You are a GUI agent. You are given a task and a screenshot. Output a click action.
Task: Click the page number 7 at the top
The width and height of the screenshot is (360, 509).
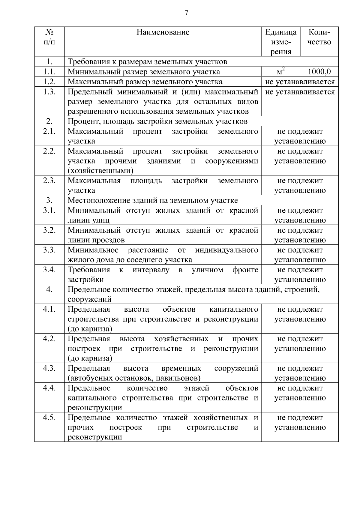point(186,13)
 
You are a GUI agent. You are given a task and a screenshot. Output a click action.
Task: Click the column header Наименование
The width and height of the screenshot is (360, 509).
point(163,32)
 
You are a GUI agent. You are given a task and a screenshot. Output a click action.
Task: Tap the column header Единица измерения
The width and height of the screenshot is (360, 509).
point(281,42)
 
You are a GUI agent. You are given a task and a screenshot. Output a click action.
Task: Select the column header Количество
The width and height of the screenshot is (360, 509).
point(319,37)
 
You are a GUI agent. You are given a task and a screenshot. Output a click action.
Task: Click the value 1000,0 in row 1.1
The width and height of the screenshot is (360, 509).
point(319,72)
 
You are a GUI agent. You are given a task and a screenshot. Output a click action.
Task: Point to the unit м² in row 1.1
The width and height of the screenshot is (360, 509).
point(280,72)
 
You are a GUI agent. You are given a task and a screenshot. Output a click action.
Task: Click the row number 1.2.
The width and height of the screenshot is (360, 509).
point(49,82)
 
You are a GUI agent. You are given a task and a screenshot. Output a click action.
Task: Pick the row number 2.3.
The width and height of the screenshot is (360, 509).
point(49,181)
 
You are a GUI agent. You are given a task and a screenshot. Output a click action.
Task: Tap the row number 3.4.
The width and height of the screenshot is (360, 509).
point(49,270)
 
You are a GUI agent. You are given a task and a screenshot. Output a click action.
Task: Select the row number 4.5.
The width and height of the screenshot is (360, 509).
point(49,418)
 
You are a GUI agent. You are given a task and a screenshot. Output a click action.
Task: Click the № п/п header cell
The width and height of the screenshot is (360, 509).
point(49,37)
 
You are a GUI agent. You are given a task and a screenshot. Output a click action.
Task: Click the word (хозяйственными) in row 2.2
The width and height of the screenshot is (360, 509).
point(100,171)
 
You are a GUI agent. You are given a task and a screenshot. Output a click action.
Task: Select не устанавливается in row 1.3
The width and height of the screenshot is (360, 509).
point(300,92)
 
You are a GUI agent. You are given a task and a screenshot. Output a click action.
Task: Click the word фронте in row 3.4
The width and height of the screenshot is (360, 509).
point(245,270)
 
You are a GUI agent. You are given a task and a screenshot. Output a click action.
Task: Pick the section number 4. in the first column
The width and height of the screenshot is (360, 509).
point(49,289)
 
